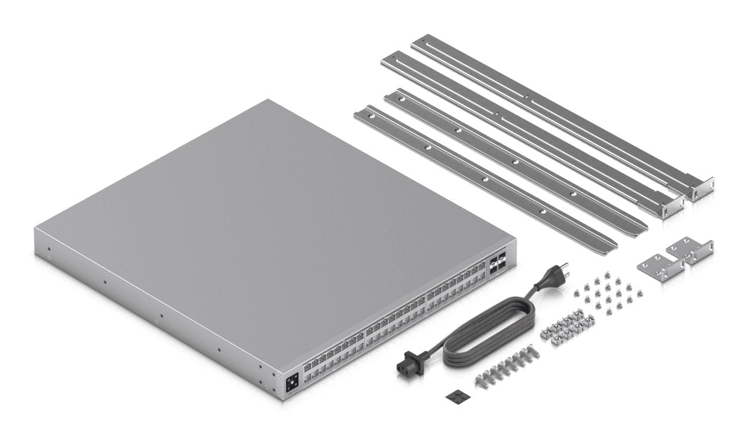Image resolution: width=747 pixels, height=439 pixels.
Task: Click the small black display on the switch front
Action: click(291, 384)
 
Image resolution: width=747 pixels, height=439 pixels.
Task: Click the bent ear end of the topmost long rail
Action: click(702, 191)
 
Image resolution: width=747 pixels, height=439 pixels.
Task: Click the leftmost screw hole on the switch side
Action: click(49, 256)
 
